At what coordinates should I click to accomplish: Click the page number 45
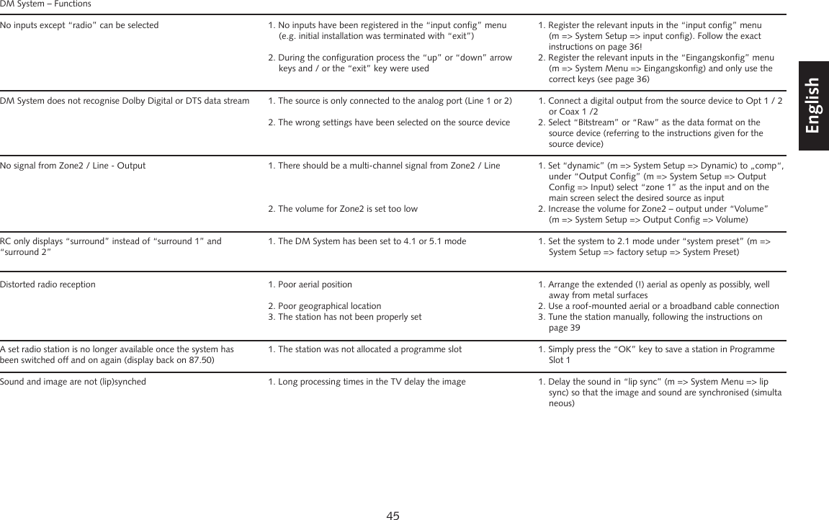(x=393, y=514)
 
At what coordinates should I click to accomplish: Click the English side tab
(x=812, y=106)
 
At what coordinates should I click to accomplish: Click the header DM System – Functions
(x=45, y=4)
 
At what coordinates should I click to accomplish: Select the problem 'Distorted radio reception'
(x=48, y=284)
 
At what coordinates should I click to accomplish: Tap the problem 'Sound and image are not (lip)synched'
(x=73, y=382)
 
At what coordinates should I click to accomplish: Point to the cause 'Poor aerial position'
(x=315, y=284)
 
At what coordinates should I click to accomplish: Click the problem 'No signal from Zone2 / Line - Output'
(x=73, y=166)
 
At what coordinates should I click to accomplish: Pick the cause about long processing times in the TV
(x=371, y=382)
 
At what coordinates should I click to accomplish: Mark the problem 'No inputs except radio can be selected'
(x=79, y=25)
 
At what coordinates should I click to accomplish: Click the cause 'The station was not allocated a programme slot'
(x=369, y=349)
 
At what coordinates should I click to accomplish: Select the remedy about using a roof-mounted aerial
(x=663, y=306)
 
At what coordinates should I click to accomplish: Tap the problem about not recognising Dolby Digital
(x=125, y=101)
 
